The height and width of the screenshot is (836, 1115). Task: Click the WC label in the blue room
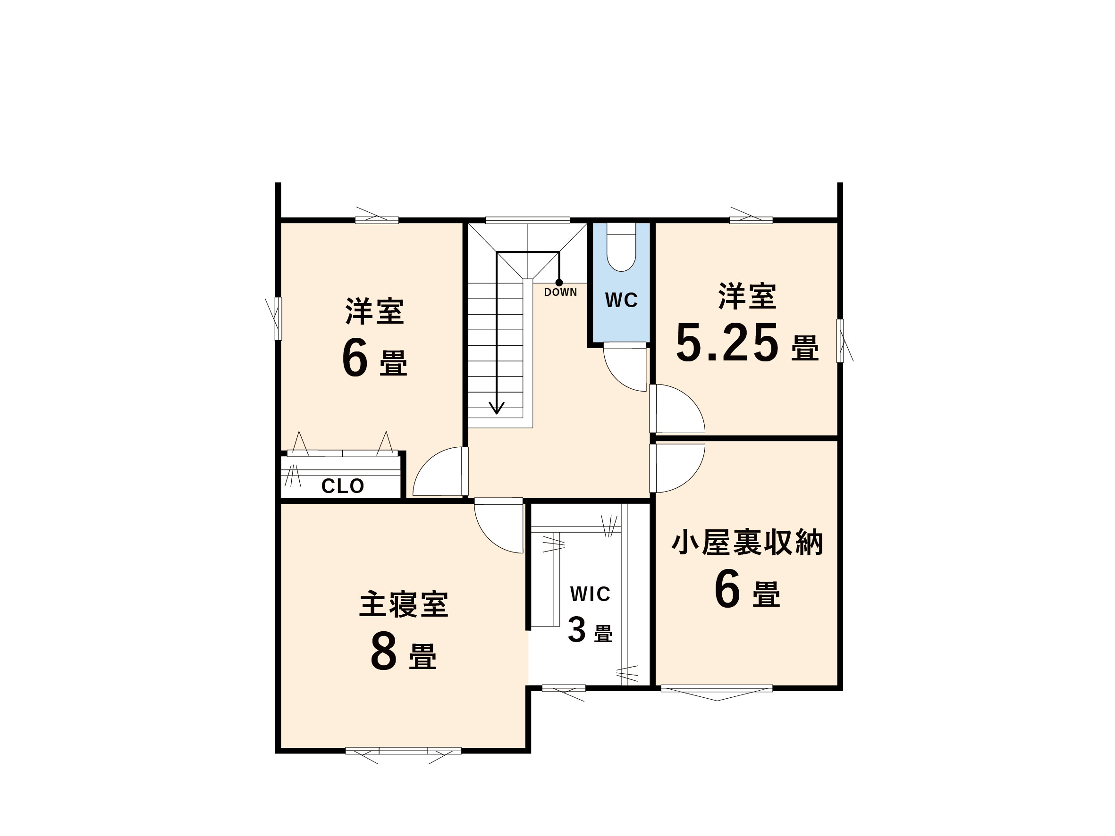click(x=621, y=301)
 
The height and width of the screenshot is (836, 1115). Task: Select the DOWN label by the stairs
click(x=560, y=293)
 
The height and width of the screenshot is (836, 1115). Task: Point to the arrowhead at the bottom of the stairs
click(x=497, y=408)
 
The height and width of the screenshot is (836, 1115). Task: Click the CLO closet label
click(x=343, y=486)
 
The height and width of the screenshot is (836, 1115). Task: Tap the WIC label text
click(x=590, y=594)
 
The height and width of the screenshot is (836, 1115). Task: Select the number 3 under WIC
click(x=577, y=630)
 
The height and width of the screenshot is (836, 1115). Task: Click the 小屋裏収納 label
click(x=747, y=543)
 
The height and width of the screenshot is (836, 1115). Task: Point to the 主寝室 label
click(x=404, y=605)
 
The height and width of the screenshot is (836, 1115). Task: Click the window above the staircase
click(x=527, y=220)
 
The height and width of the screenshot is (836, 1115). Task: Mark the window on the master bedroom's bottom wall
click(x=403, y=751)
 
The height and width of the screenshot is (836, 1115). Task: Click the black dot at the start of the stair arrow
click(x=559, y=283)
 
